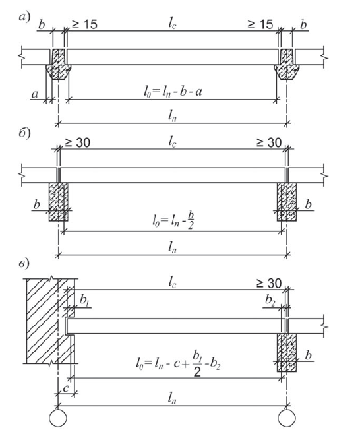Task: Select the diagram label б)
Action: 24,134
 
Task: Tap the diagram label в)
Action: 24,264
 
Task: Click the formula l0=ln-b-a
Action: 173,91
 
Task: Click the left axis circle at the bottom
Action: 58,418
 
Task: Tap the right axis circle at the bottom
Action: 287,418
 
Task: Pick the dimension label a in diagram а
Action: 34,94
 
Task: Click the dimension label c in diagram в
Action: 65,388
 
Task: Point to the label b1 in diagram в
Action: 84,300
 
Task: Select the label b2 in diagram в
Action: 270,300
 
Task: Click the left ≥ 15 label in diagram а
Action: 84,24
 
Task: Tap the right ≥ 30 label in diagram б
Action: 269,143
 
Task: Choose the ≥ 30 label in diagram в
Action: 269,283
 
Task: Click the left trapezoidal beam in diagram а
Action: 59,65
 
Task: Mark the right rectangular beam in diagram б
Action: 287,202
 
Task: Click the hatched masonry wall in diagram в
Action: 50,321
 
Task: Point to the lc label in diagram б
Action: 172,142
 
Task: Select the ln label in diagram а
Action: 172,116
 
